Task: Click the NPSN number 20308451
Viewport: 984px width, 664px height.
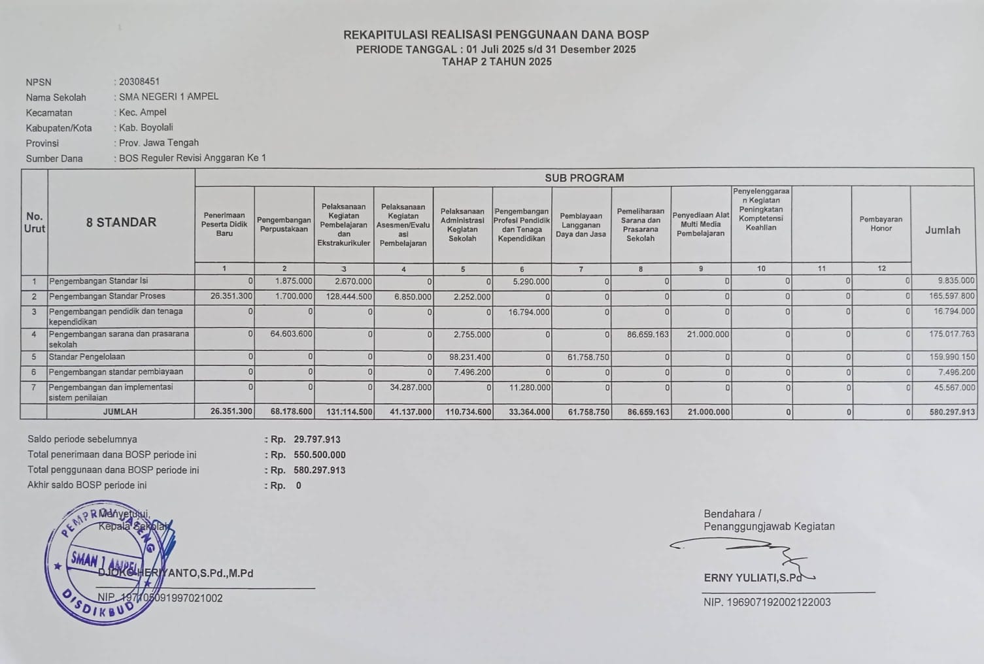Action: pyautogui.click(x=139, y=82)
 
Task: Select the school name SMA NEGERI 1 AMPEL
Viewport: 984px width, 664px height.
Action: pyautogui.click(x=169, y=97)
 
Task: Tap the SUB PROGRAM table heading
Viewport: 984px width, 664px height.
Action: pyautogui.click(x=584, y=178)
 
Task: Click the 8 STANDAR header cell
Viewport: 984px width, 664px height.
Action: pyautogui.click(x=121, y=222)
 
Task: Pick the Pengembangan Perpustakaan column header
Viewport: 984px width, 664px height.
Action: pyautogui.click(x=284, y=224)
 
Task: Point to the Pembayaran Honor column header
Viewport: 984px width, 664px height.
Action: pyautogui.click(x=881, y=224)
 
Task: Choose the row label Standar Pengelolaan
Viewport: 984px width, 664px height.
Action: pyautogui.click(x=87, y=357)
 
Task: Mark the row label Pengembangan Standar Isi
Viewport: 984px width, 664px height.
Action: pyautogui.click(x=98, y=281)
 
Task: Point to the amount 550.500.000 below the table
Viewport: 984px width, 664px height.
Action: pyautogui.click(x=320, y=455)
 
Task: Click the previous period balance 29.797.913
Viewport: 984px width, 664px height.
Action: pyautogui.click(x=317, y=440)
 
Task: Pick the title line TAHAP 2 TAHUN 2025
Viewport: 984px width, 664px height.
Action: pyautogui.click(x=496, y=62)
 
